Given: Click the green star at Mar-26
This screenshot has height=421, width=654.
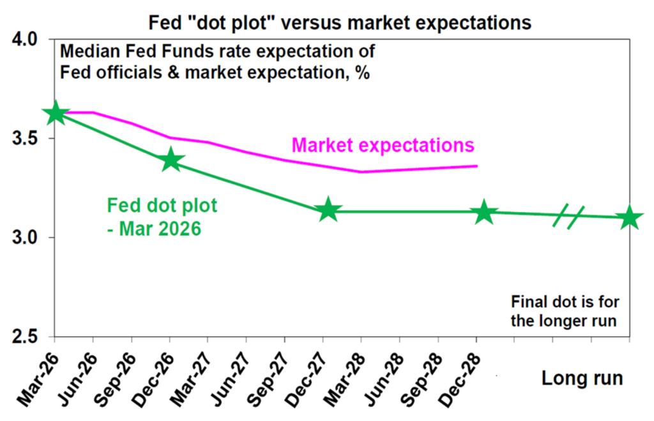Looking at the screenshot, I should click(55, 114).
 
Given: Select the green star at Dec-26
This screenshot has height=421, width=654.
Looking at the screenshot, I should click(171, 160).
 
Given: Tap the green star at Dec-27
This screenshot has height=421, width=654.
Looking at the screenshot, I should click(328, 210).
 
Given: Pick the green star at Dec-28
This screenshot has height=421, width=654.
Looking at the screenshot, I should click(483, 211).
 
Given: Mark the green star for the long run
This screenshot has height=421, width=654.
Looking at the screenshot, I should click(629, 217).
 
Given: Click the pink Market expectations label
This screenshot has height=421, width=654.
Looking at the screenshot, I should click(383, 146).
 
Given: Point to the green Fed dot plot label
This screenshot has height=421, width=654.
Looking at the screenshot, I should click(162, 217).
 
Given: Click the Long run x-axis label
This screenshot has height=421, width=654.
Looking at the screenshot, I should click(582, 378).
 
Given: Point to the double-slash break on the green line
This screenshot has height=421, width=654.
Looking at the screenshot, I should click(569, 215).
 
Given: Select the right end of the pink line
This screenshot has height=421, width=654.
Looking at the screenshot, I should click(476, 166).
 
